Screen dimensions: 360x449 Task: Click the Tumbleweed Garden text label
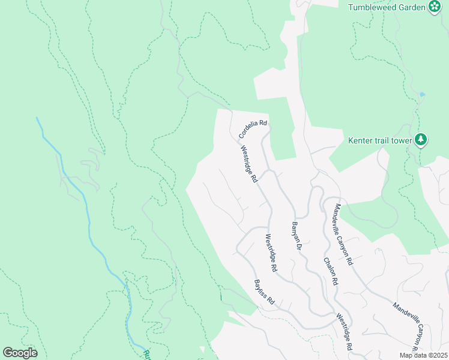click(387, 7)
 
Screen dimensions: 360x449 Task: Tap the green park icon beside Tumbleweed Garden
click(435, 7)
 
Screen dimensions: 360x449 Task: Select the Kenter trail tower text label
click(380, 141)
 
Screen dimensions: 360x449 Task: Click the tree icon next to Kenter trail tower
click(421, 140)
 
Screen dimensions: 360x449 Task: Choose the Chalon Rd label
click(331, 271)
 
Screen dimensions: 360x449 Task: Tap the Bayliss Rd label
click(264, 292)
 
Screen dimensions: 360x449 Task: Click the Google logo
click(20, 353)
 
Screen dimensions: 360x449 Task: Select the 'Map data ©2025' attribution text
click(423, 355)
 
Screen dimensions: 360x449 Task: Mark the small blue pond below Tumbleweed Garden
click(423, 94)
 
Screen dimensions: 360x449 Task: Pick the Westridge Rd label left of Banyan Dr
click(270, 253)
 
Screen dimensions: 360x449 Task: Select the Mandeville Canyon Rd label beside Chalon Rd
click(343, 234)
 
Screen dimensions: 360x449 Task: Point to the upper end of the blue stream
click(37, 118)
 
